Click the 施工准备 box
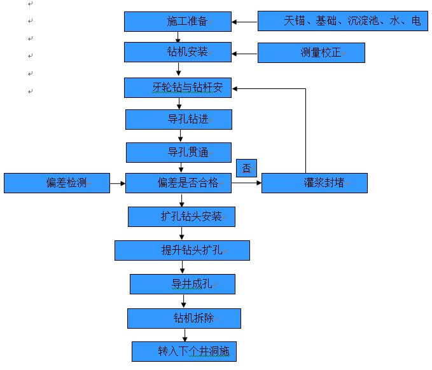pos(177,22)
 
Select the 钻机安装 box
pos(177,51)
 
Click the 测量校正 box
pos(311,53)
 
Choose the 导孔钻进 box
pos(178,119)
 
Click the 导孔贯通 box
pos(178,153)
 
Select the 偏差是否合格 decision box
pos(178,183)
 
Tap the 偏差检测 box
pos(57,183)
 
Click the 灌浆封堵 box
pos(314,183)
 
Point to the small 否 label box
pos(246,168)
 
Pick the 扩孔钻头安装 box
pos(181,217)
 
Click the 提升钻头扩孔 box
pos(182,250)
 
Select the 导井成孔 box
pos(182,284)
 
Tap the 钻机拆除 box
pos(184,318)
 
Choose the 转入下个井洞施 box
pos(184,351)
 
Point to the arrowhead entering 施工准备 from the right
pos(235,22)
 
